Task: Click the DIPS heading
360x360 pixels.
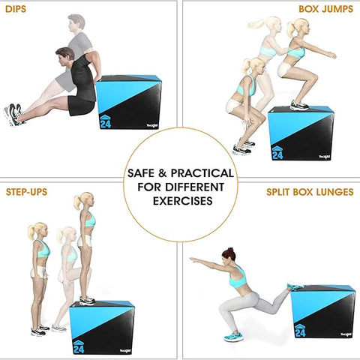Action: (x=16, y=9)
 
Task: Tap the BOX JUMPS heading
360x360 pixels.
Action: (x=325, y=9)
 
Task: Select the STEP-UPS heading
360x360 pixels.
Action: (x=26, y=192)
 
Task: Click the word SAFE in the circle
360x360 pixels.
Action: (x=142, y=173)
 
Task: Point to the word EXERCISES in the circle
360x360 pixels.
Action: (x=183, y=201)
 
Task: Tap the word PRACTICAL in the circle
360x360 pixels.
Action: (x=202, y=173)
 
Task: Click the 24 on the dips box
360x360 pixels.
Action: (x=106, y=124)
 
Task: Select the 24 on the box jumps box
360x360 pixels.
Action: (x=277, y=155)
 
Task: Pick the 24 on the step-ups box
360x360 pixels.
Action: (x=79, y=349)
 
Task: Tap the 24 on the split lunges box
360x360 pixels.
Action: (x=300, y=333)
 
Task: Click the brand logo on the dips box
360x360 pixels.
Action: (x=152, y=126)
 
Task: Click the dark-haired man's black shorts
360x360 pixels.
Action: (x=81, y=106)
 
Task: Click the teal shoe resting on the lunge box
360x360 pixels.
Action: (x=295, y=286)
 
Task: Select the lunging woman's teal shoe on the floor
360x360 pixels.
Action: (x=233, y=336)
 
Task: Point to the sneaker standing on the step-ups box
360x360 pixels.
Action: (x=87, y=300)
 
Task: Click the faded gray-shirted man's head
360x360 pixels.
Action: (x=76, y=22)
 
